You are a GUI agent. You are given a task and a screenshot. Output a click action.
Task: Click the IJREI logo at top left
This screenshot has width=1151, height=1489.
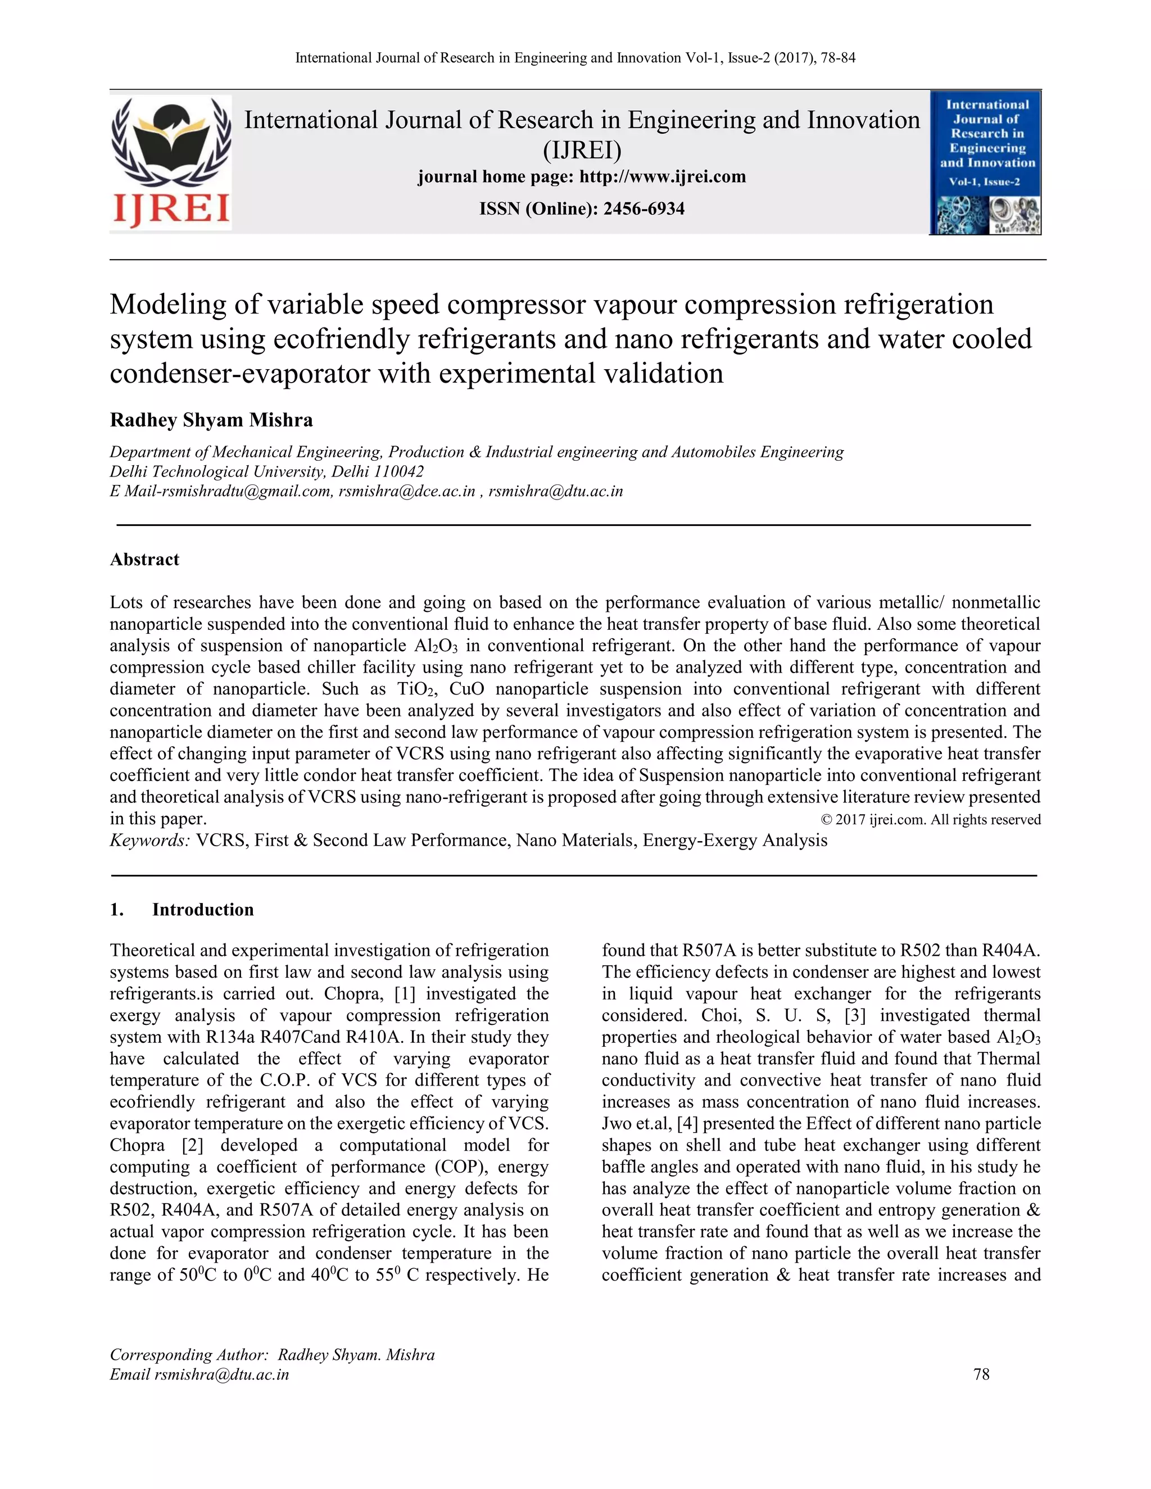pos(170,162)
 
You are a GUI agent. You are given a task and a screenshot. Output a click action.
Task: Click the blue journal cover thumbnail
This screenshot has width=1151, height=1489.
pos(985,163)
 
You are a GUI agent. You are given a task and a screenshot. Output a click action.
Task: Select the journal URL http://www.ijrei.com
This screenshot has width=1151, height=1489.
pos(662,177)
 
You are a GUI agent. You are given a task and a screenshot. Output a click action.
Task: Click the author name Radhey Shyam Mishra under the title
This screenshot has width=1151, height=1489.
pos(211,420)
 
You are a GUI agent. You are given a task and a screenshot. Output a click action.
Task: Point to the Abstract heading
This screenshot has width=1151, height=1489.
pos(144,560)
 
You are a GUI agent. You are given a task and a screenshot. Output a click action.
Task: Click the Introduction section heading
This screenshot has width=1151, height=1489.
pos(202,910)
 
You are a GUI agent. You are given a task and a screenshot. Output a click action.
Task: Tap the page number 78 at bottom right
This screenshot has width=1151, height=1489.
pos(981,1374)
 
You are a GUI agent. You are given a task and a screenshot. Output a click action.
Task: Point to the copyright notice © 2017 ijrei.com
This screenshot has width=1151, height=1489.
pos(931,819)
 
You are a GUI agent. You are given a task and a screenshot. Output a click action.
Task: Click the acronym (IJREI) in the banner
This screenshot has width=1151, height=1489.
pos(582,149)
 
